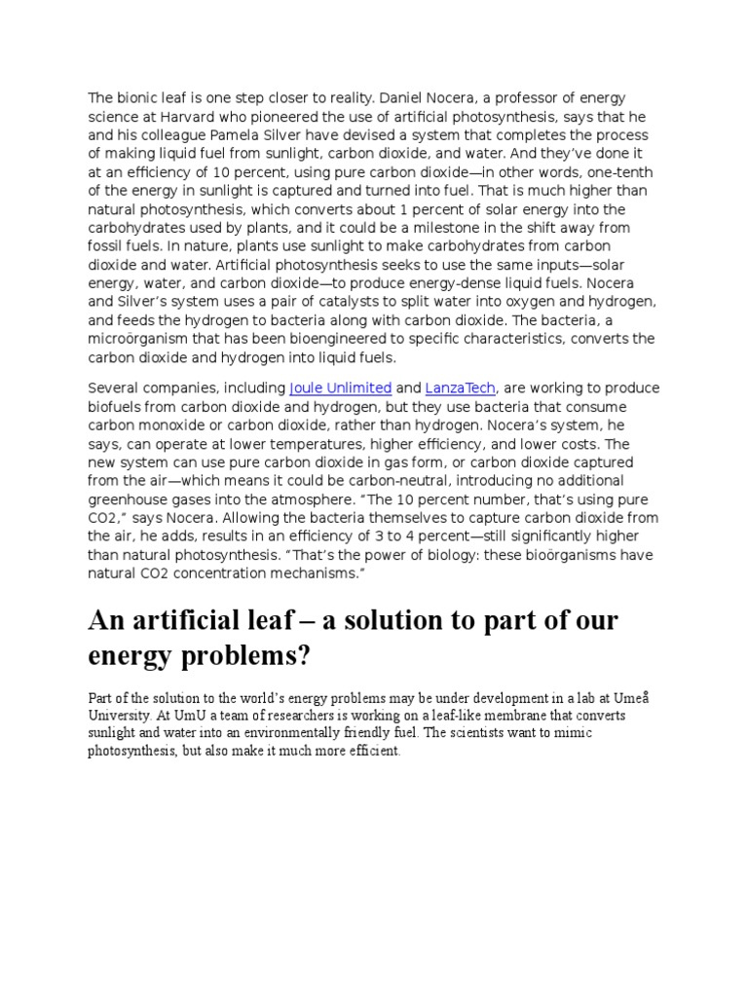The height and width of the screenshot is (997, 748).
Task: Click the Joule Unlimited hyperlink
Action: pyautogui.click(x=341, y=388)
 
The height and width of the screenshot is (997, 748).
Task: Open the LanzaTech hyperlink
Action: pyautogui.click(x=461, y=388)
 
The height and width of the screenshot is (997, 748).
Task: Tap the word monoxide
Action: pyautogui.click(x=175, y=425)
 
